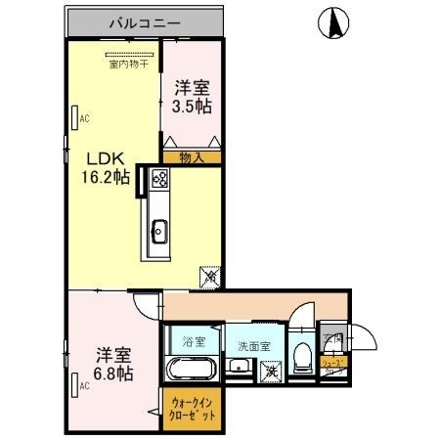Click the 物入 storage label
[x=191, y=157]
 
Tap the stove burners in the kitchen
[x=158, y=180]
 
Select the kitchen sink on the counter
[x=158, y=232]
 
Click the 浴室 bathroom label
[x=194, y=342]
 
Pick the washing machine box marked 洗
[x=270, y=371]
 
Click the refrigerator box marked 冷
[x=210, y=278]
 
